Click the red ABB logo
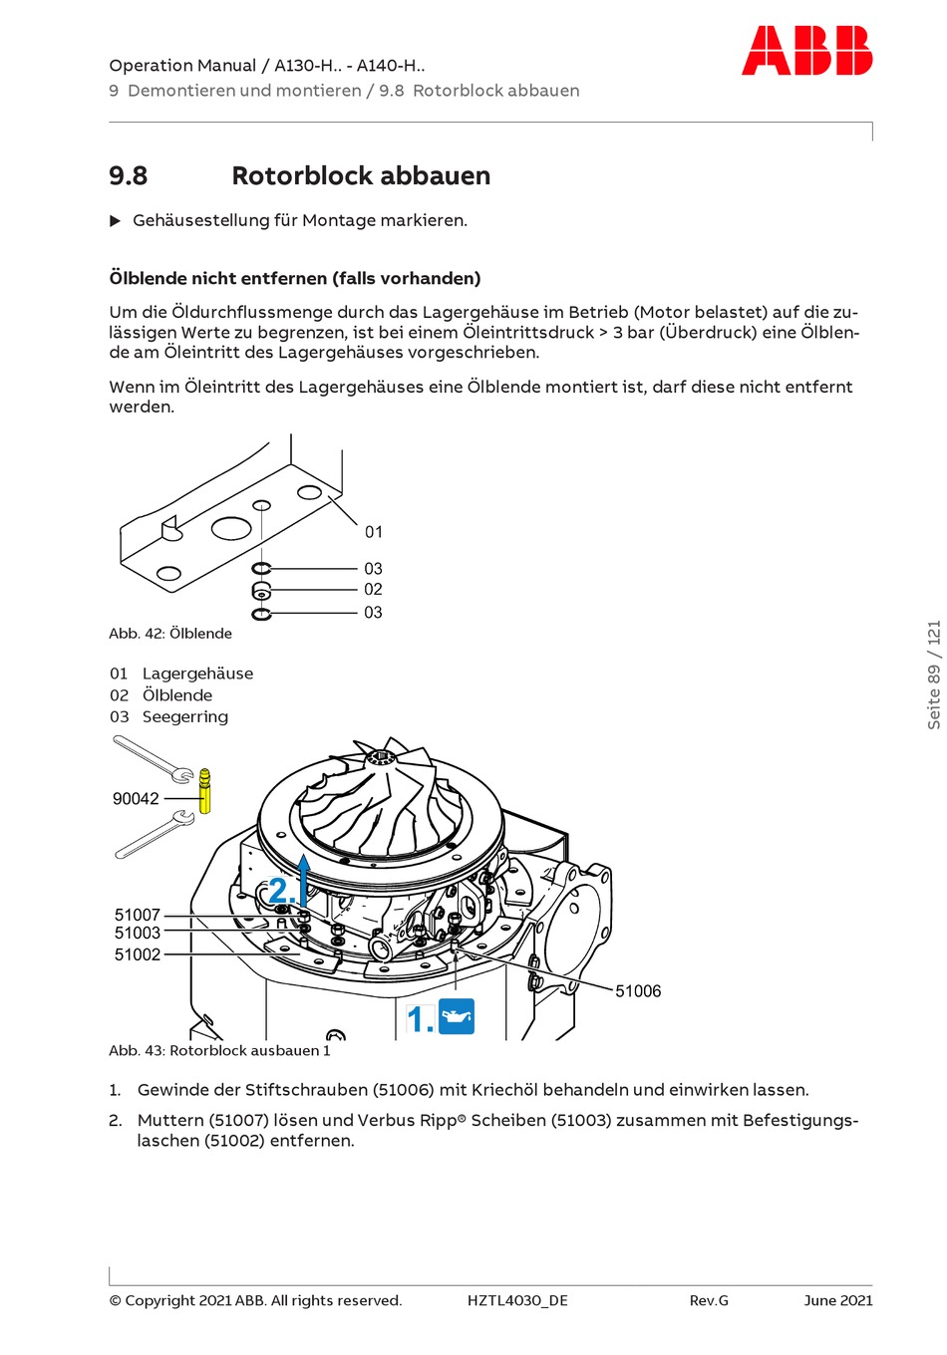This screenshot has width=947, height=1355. (x=806, y=51)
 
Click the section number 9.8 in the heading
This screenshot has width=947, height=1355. (x=128, y=176)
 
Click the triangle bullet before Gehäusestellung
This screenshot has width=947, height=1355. (x=115, y=220)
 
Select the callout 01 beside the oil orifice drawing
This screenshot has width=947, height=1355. (x=374, y=532)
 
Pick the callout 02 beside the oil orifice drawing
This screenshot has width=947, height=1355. (x=373, y=590)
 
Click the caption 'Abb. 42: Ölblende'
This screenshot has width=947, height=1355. (x=170, y=634)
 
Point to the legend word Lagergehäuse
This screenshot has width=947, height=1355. (x=197, y=674)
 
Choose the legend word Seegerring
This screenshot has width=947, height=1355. (x=184, y=716)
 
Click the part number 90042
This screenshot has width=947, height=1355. (x=136, y=798)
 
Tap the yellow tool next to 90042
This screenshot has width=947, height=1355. (x=205, y=791)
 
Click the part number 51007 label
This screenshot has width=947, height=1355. (x=138, y=915)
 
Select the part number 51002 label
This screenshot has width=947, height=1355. (x=138, y=954)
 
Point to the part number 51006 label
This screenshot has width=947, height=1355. (x=638, y=990)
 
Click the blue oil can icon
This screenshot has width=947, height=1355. (x=457, y=1016)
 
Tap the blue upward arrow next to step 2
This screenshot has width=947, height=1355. (x=304, y=877)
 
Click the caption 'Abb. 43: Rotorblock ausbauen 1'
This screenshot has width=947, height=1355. (x=219, y=1050)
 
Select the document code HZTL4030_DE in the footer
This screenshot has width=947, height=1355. (x=517, y=1300)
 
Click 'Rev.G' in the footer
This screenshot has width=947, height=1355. (x=709, y=1300)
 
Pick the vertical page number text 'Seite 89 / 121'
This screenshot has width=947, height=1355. (x=934, y=676)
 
